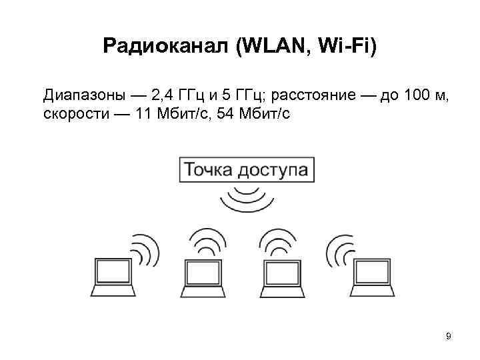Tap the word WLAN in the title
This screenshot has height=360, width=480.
269,46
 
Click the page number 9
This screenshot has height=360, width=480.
448,336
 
